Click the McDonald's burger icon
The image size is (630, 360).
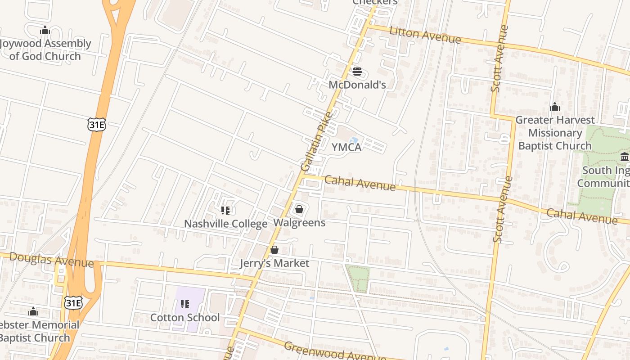357,72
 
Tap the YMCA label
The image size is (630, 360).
346,147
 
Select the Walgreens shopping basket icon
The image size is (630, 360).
299,209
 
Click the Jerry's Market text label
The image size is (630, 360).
274,263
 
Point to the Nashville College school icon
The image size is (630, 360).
225,210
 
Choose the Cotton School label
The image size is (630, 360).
185,318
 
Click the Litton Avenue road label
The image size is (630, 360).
425,36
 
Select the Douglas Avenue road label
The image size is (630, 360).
51,260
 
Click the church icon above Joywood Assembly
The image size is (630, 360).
45,31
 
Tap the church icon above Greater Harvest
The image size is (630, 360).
555,107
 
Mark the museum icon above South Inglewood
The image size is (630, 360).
625,157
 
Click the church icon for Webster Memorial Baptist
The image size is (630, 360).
33,311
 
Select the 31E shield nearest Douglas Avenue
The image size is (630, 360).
73,303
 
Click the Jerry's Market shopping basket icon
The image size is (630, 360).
274,250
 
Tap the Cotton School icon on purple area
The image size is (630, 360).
185,304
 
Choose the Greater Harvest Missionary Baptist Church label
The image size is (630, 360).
555,133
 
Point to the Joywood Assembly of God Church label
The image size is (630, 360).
45,50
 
